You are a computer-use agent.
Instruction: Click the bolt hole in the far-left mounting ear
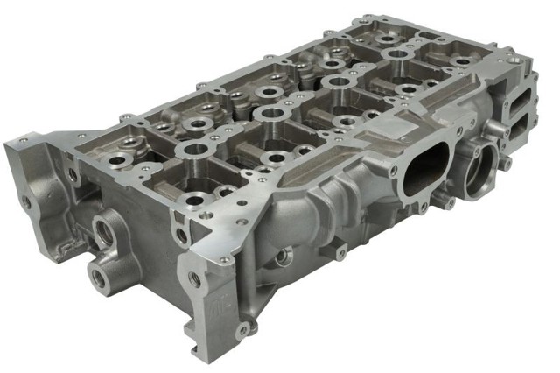(26, 201)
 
